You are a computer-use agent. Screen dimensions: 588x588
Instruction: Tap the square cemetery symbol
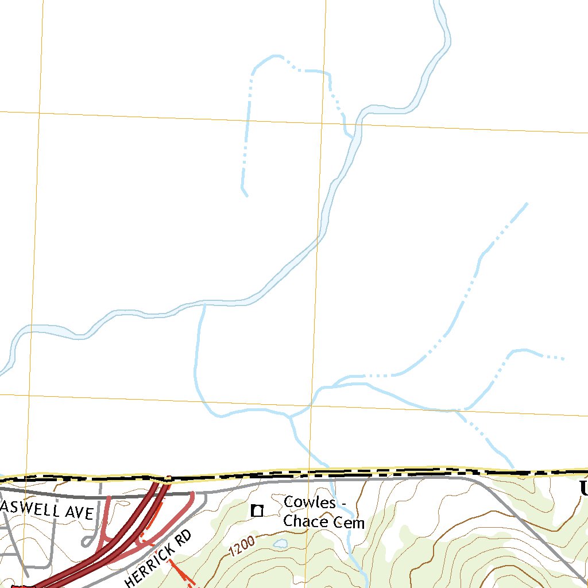[x=258, y=510]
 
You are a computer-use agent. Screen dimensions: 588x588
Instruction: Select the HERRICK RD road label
[x=158, y=559]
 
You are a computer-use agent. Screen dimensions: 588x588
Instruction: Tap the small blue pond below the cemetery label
[x=280, y=543]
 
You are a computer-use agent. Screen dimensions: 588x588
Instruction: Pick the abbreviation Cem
[x=351, y=522]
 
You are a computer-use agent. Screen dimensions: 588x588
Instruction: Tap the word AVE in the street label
[x=80, y=512]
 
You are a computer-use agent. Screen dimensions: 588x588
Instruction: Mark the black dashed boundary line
[x=345, y=473]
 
